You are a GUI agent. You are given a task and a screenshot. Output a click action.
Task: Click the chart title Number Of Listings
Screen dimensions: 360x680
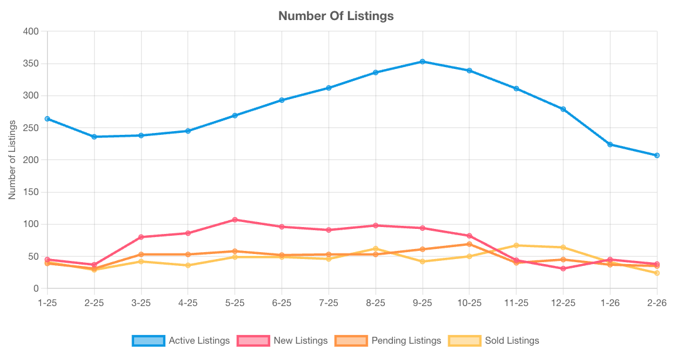pos(336,16)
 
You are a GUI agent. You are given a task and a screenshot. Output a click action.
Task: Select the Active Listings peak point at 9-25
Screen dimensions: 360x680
pos(422,61)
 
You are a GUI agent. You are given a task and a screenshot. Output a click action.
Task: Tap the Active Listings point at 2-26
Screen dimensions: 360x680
pos(657,155)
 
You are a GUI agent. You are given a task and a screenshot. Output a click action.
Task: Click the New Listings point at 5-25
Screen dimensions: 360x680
pos(235,220)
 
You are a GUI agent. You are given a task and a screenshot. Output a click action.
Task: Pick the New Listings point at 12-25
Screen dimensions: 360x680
pos(563,268)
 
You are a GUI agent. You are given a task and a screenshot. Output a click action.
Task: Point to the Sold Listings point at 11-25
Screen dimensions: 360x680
pos(516,245)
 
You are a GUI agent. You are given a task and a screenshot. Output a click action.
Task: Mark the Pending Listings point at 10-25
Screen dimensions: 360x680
pos(469,244)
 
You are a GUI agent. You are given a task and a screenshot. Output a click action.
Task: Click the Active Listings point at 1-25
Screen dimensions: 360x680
pos(48,119)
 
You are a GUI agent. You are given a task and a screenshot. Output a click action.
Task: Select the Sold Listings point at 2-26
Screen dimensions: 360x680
pos(657,273)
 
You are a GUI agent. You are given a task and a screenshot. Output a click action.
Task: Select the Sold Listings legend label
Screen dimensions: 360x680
pos(511,341)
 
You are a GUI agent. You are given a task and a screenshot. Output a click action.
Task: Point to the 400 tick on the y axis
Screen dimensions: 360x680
pos(31,31)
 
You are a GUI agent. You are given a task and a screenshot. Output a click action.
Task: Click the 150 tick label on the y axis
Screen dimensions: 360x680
pos(31,192)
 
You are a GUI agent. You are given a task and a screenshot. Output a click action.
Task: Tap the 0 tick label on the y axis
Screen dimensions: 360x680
pos(36,289)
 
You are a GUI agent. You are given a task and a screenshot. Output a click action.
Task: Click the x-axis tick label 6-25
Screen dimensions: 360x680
pos(281,302)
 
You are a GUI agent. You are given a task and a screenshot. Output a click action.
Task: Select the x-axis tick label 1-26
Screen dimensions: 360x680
pos(610,302)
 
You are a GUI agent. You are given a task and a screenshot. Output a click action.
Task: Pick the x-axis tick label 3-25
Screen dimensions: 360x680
pos(141,302)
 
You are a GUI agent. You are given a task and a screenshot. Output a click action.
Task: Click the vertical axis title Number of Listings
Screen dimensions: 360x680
pos(12,160)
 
